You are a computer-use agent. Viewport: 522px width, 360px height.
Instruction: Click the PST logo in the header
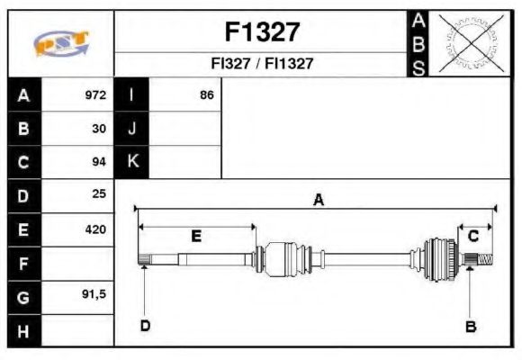click(x=61, y=44)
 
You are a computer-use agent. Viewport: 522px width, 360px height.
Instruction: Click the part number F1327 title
click(x=262, y=32)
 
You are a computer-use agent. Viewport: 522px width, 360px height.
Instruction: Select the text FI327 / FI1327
click(x=262, y=64)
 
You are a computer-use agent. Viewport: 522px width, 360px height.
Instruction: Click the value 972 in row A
click(x=95, y=95)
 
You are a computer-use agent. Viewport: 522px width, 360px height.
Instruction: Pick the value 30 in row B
click(x=99, y=129)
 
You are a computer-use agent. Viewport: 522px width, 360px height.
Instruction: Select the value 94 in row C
click(x=99, y=162)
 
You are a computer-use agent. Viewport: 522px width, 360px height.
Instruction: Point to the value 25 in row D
click(x=99, y=194)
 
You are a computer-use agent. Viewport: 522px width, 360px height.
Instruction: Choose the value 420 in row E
click(x=95, y=229)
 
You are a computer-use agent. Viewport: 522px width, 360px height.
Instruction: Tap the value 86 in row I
click(x=206, y=95)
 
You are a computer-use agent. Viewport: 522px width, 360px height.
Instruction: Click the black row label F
click(x=23, y=263)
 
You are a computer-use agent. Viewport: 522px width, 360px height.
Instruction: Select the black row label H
click(x=23, y=330)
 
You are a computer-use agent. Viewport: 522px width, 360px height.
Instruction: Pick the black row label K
click(x=132, y=162)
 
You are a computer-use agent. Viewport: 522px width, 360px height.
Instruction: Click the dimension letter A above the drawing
click(x=317, y=200)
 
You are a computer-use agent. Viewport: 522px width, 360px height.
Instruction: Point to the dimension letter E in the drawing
click(x=195, y=236)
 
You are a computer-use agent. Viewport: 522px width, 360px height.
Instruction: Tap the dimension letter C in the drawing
click(x=472, y=236)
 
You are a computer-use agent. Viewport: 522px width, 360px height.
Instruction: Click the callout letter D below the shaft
click(x=144, y=325)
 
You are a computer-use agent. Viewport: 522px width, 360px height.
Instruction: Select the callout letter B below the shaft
click(x=470, y=326)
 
